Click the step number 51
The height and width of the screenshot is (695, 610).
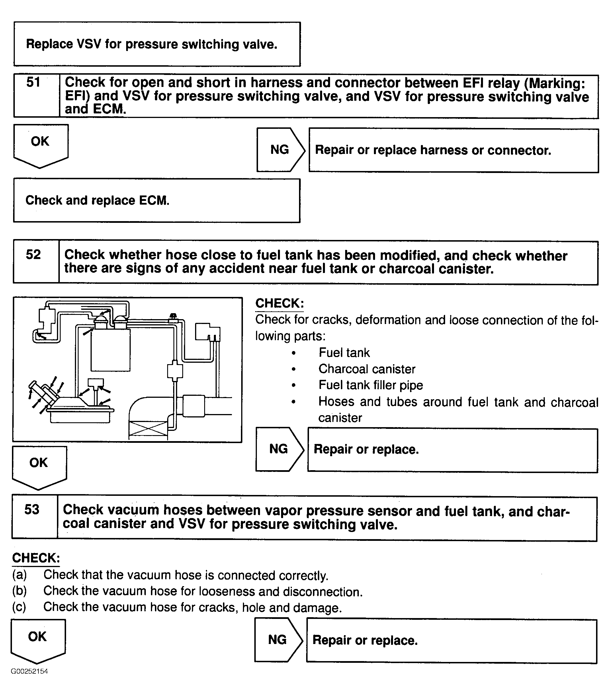(x=33, y=83)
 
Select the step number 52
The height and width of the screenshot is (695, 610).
(x=33, y=255)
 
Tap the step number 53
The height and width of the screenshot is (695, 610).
(x=32, y=509)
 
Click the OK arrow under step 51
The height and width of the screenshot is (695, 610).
(x=40, y=145)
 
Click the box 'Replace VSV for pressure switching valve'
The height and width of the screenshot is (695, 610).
(x=157, y=44)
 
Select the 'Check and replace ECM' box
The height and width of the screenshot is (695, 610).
(x=157, y=201)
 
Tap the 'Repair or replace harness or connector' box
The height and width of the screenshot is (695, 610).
(x=453, y=150)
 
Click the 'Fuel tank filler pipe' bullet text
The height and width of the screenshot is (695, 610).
(x=371, y=385)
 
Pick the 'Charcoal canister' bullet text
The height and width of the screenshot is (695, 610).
(x=367, y=369)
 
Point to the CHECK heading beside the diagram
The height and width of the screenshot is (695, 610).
(x=279, y=303)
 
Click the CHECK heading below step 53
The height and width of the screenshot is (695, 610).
(x=36, y=558)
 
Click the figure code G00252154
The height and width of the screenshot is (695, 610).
(x=29, y=671)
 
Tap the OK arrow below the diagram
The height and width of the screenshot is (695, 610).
(x=39, y=466)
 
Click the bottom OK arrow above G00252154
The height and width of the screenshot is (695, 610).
(x=38, y=639)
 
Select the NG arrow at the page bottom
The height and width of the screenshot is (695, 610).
(x=278, y=640)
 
